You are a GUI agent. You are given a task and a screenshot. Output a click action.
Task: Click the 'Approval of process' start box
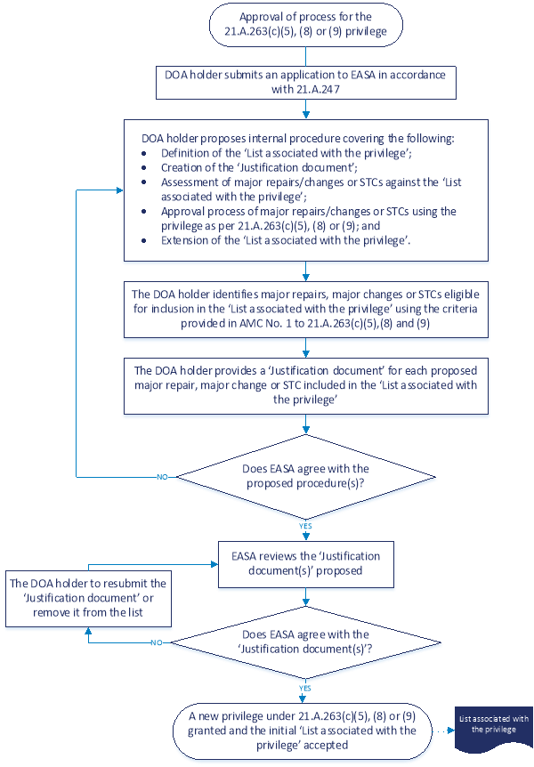305,25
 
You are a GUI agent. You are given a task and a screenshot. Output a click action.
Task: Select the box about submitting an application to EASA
305,83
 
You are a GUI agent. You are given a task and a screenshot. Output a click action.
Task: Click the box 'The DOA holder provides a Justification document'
305,383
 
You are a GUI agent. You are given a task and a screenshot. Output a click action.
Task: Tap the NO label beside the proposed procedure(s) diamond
162,477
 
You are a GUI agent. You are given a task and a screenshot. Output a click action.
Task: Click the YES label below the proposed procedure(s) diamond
305,526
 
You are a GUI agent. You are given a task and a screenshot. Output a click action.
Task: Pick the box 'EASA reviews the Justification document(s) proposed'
305,563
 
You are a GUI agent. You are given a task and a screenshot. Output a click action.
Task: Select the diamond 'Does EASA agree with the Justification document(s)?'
305,641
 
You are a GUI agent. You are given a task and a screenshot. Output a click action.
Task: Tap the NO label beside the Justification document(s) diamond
156,642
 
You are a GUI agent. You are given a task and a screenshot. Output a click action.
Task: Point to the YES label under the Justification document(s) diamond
305,687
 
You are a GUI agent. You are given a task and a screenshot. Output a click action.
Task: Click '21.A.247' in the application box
323,90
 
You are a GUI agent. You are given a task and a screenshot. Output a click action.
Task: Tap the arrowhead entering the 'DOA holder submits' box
305,62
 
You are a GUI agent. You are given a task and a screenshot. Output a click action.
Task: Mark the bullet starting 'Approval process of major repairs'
308,218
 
